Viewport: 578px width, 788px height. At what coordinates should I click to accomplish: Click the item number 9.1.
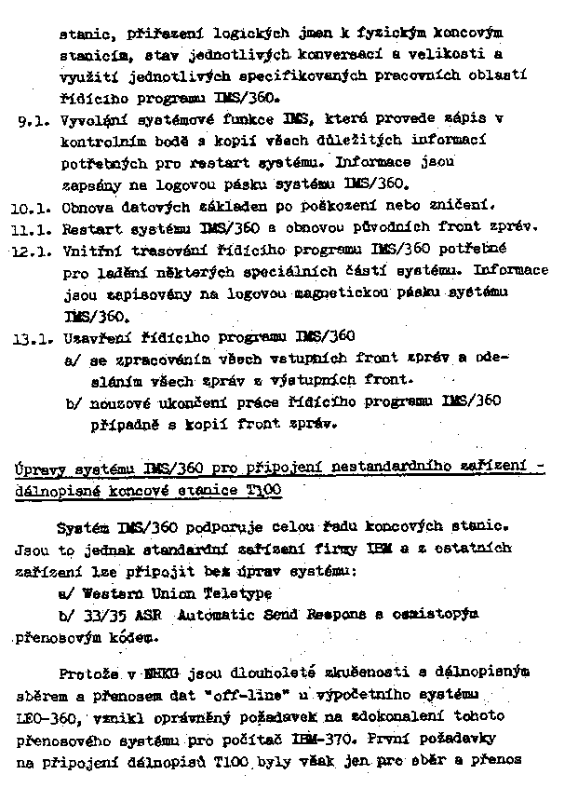point(33,120)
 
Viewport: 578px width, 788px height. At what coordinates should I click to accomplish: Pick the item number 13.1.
point(31,337)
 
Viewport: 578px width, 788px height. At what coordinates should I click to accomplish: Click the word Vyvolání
point(92,120)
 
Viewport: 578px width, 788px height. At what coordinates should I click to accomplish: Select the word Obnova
point(86,207)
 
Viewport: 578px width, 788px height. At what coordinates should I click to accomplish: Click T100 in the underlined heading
point(264,488)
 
